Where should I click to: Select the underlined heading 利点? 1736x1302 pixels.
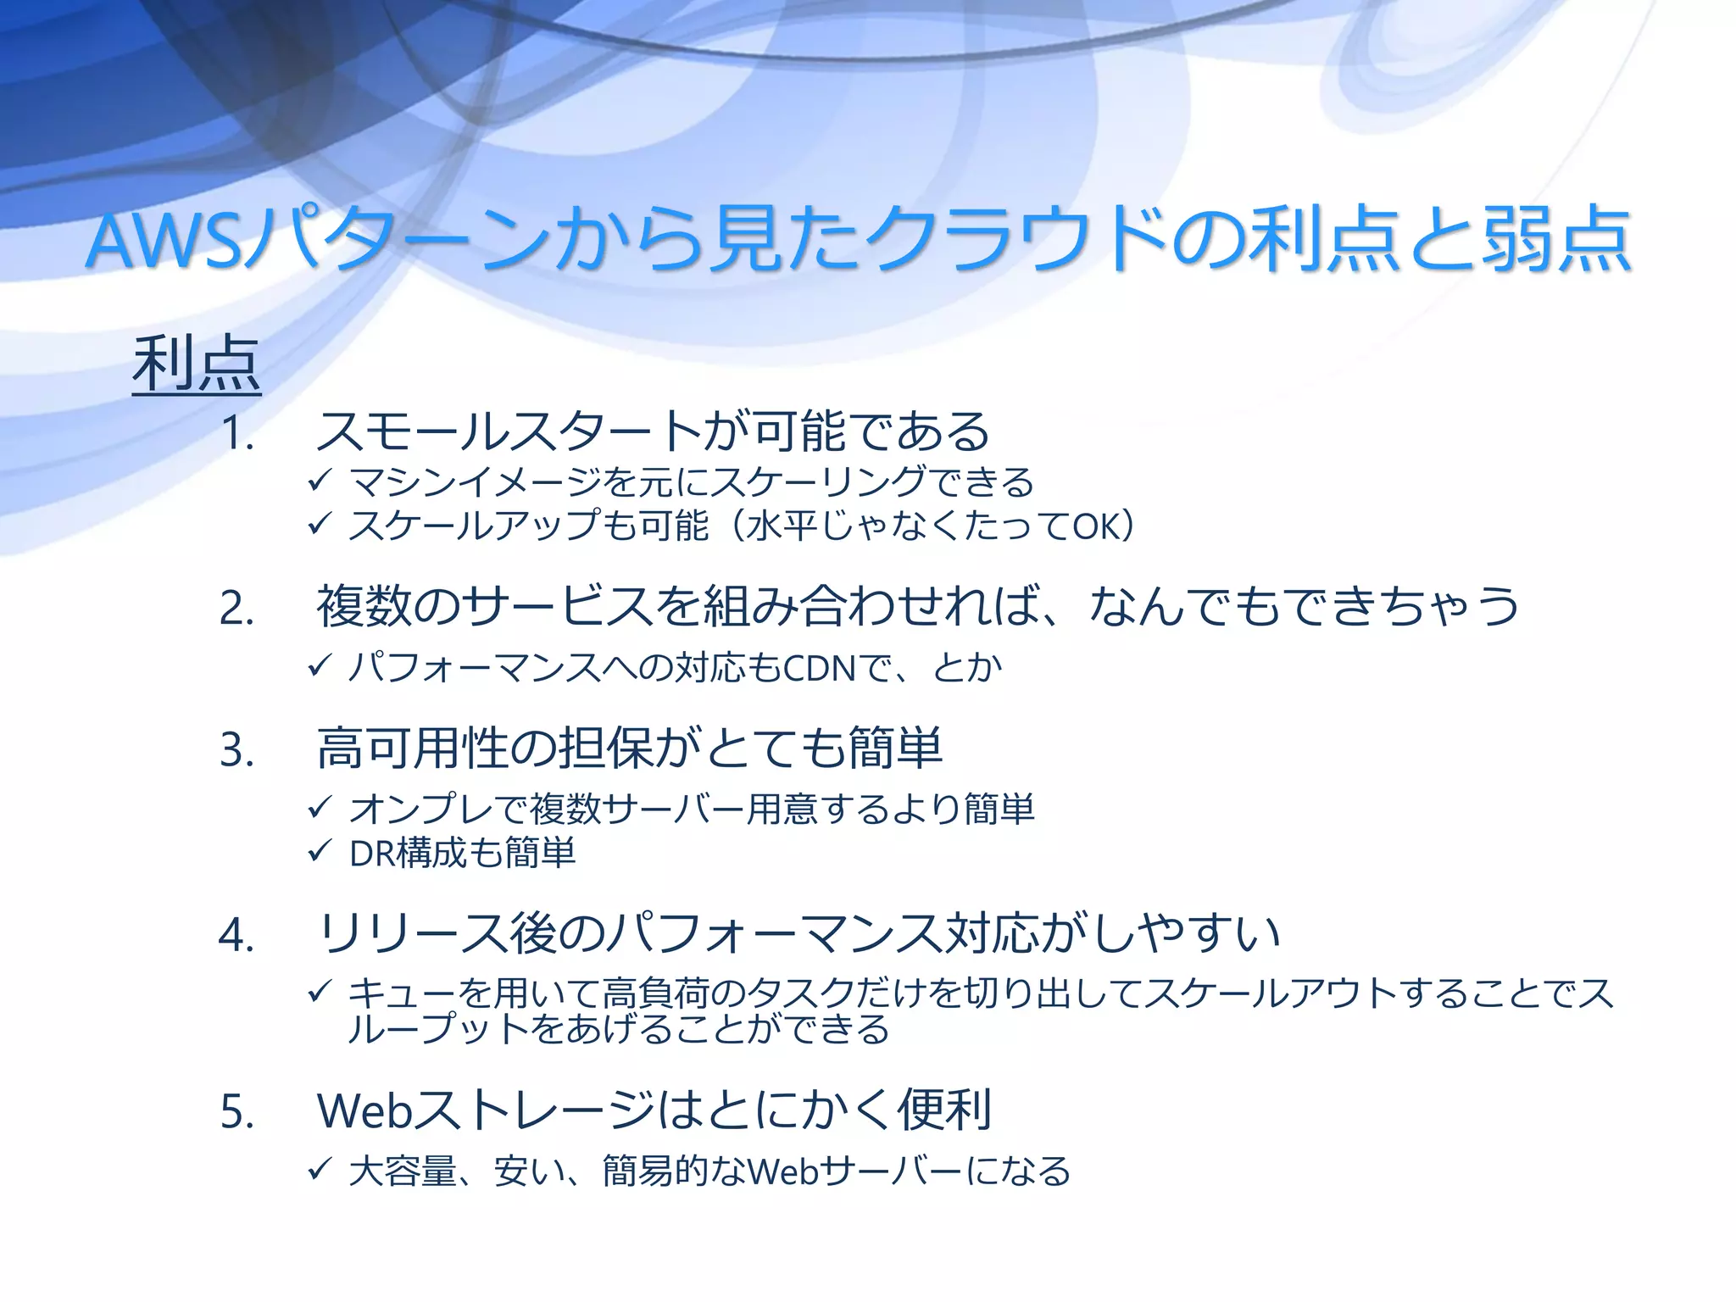tap(196, 364)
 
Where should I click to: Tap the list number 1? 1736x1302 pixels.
tap(236, 434)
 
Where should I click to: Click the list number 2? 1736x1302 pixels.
tap(236, 609)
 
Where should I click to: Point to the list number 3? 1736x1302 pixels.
tap(236, 750)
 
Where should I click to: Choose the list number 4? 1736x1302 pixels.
tap(236, 936)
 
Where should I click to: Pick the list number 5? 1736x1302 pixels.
tap(236, 1111)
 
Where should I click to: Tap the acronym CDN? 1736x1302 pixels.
tap(818, 669)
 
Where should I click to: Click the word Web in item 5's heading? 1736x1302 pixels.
tap(364, 1110)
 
